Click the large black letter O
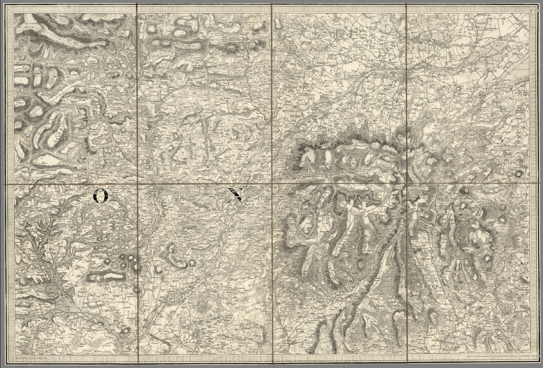[101, 195]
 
